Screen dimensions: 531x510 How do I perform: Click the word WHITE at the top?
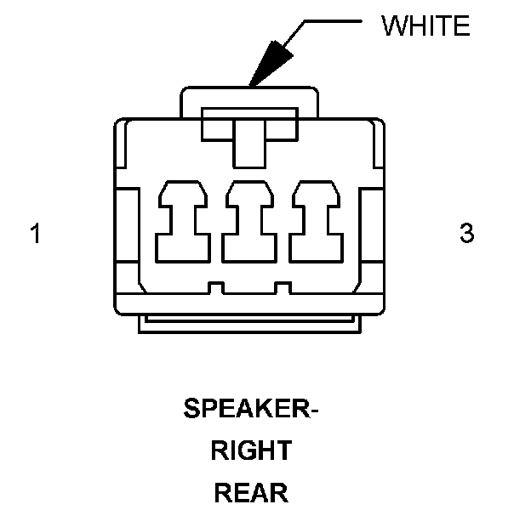[425, 26]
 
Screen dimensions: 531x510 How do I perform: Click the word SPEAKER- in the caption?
[250, 410]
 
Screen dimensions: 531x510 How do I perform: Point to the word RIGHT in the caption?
[250, 450]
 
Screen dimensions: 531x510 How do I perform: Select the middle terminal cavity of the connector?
[250, 223]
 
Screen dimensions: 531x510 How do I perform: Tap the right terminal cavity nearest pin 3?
[316, 223]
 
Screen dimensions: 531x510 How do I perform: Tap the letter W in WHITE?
[393, 26]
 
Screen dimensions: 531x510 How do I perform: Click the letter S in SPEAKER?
[191, 410]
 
